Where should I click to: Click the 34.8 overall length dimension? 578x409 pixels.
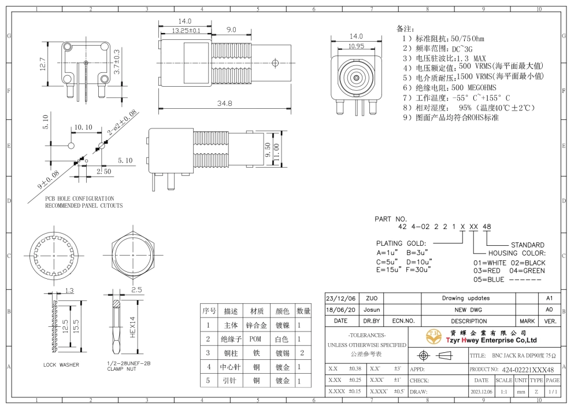point(224,104)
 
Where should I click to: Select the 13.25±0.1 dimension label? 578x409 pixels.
point(186,31)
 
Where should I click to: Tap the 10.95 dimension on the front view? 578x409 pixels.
point(356,46)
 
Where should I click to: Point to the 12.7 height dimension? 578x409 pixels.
point(43,64)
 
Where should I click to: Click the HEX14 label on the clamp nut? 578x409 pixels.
point(133,327)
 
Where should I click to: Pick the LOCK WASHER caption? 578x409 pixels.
point(61,364)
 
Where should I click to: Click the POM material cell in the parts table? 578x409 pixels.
point(255,339)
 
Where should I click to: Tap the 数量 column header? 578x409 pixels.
point(303,311)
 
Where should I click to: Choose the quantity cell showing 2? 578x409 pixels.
point(302,353)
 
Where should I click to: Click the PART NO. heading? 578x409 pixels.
point(391,219)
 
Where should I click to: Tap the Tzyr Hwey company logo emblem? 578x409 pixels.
point(434,336)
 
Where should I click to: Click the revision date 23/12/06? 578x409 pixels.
point(341,299)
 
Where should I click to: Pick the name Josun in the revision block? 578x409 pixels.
point(372,310)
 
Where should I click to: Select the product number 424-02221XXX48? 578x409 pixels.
point(528,370)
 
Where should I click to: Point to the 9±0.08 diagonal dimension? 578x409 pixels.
point(49,179)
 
